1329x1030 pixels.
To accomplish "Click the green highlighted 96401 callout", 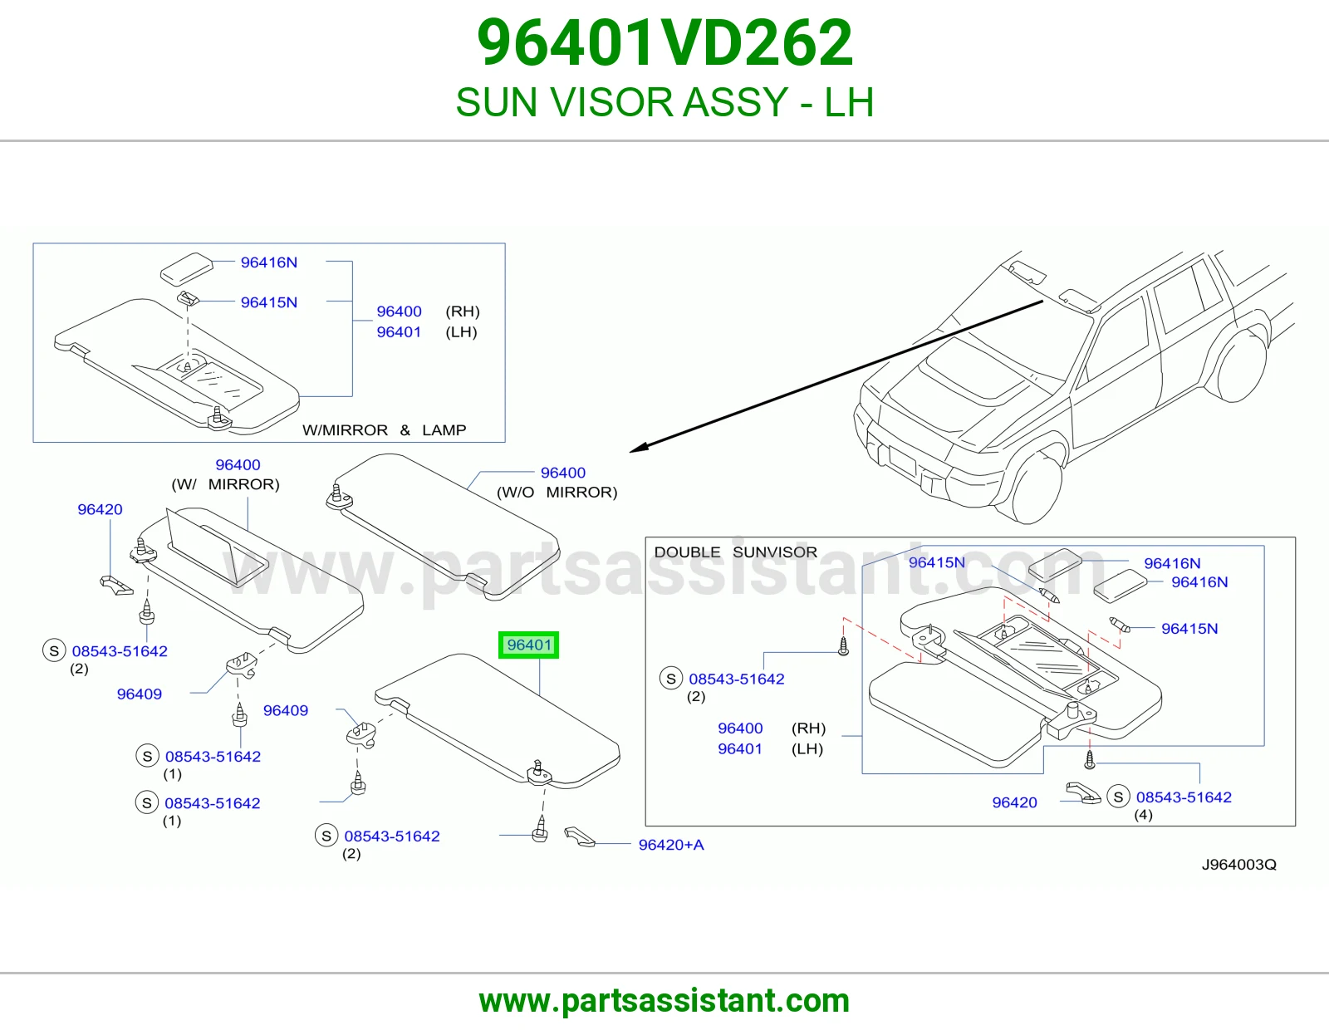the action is (528, 645).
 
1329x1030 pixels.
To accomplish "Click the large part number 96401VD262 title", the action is (664, 42).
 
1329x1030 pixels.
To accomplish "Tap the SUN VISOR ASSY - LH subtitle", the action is (664, 102).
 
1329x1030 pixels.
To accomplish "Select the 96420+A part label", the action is (671, 845).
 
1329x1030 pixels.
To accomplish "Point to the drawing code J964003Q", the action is (1239, 864).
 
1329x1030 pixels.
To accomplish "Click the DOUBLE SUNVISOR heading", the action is (736, 552).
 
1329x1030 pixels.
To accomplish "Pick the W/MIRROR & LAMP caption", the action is (384, 430).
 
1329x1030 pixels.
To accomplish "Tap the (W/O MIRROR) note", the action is (557, 493).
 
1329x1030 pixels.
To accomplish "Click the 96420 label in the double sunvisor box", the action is (1015, 802).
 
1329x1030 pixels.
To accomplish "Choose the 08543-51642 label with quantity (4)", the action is (1184, 797).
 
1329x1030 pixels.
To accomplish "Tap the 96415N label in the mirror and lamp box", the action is (268, 302).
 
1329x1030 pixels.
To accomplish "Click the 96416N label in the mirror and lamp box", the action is (268, 262).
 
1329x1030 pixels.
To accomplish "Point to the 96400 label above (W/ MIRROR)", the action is (238, 465).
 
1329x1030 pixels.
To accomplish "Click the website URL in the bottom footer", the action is (664, 1001).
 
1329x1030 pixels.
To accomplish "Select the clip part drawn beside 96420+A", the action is (579, 836).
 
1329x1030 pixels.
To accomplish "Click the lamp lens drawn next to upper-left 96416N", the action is (187, 268).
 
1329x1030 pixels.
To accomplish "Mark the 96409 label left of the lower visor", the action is (285, 710).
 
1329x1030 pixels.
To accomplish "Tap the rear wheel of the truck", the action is (1242, 368).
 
